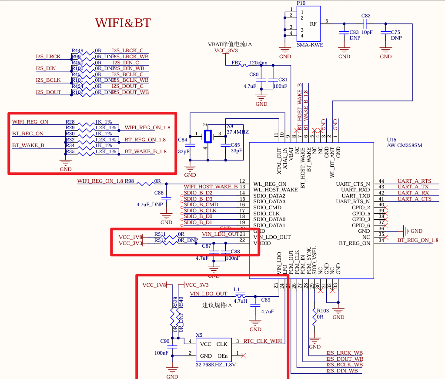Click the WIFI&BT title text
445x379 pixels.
(123, 23)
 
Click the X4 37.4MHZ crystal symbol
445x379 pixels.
(208, 136)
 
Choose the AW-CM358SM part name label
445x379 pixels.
(405, 145)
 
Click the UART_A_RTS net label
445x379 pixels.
(414, 181)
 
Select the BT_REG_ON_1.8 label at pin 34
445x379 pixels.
(418, 240)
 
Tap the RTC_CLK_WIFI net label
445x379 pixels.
(262, 342)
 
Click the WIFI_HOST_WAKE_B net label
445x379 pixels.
(211, 187)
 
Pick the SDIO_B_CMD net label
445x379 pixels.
(201, 205)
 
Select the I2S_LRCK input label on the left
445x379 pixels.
(48, 57)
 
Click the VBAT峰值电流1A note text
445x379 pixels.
(230, 44)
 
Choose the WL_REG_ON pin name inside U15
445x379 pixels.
(270, 184)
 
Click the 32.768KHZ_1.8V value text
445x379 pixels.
(216, 365)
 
